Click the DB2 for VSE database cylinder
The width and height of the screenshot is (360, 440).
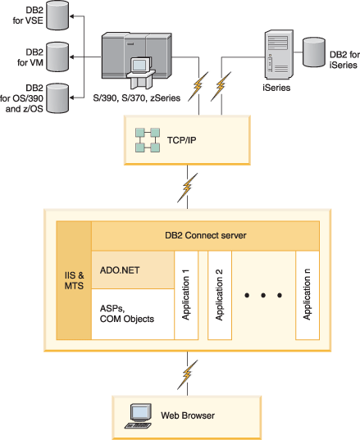(57, 15)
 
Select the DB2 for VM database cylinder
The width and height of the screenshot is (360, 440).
(57, 57)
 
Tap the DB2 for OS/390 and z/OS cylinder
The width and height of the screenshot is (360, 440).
(57, 98)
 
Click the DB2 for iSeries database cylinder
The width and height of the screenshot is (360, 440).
(314, 52)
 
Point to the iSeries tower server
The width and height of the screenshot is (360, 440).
(279, 54)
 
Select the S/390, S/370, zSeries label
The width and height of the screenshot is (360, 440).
(137, 98)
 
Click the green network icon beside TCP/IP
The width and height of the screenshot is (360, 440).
(148, 140)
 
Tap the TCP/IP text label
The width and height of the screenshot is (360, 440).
(182, 140)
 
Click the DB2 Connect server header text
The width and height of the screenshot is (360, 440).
(206, 235)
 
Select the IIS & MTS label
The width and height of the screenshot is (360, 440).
(74, 280)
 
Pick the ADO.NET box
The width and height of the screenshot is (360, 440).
(133, 270)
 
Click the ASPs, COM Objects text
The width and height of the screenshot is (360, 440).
(127, 314)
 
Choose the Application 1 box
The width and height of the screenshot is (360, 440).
(186, 295)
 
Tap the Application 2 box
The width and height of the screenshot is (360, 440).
(220, 295)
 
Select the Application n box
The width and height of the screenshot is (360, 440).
(308, 295)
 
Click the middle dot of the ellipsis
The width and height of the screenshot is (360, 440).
(263, 295)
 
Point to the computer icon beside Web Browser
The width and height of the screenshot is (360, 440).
(139, 416)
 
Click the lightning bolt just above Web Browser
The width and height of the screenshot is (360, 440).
(187, 374)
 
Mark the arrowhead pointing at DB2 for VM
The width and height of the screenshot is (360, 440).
(72, 57)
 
